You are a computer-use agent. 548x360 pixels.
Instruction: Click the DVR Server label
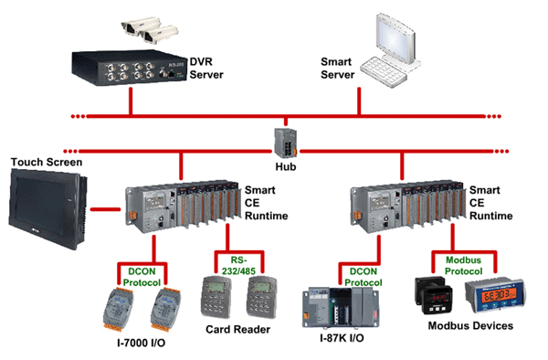pyautogui.click(x=206, y=69)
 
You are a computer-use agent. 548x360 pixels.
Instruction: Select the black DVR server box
pyautogui.click(x=130, y=68)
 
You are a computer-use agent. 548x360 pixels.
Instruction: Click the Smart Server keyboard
pyautogui.click(x=383, y=72)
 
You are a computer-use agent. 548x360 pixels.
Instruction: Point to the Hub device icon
pyautogui.click(x=286, y=143)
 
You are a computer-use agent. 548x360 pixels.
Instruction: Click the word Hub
pyautogui.click(x=286, y=167)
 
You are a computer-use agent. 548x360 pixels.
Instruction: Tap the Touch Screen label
pyautogui.click(x=47, y=162)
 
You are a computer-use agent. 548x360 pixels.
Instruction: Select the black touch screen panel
pyautogui.click(x=47, y=208)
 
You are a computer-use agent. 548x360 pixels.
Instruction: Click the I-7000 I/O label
pyautogui.click(x=142, y=343)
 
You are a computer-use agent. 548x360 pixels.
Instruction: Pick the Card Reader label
pyautogui.click(x=238, y=329)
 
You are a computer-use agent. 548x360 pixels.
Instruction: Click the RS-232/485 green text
pyautogui.click(x=238, y=266)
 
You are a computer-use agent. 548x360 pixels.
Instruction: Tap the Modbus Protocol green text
pyautogui.click(x=463, y=266)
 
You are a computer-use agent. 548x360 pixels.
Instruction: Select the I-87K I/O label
pyautogui.click(x=342, y=338)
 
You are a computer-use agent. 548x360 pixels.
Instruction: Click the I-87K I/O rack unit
pyautogui.click(x=341, y=308)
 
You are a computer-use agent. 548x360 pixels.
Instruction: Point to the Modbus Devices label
pyautogui.click(x=470, y=326)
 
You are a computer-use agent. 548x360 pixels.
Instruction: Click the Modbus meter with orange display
pyautogui.click(x=495, y=296)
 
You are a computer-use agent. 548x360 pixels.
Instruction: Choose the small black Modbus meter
pyautogui.click(x=433, y=295)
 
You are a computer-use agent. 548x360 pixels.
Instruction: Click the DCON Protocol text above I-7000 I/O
pyautogui.click(x=142, y=277)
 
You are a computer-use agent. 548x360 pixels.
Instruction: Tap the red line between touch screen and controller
pyautogui.click(x=105, y=209)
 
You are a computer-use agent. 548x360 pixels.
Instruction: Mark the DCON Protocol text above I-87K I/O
pyautogui.click(x=364, y=277)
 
